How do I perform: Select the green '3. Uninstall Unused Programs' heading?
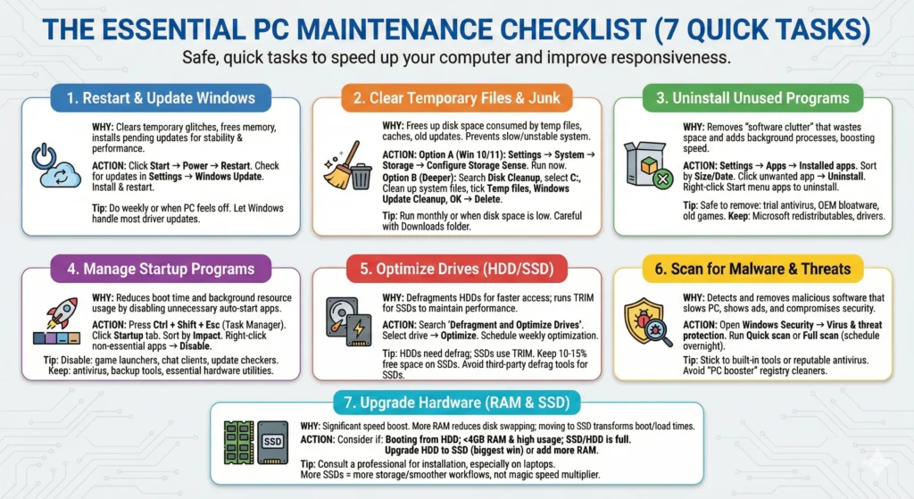(753, 98)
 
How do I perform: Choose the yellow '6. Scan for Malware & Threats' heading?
(753, 268)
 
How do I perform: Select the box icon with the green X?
(647, 166)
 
